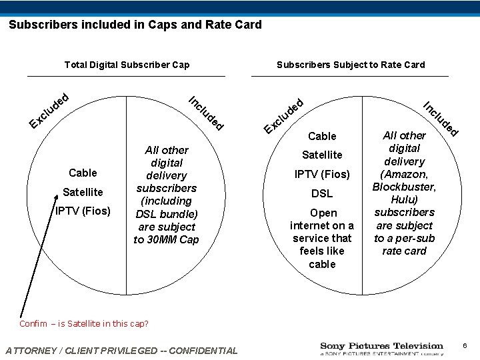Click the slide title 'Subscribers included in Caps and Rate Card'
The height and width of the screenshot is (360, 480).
[135, 25]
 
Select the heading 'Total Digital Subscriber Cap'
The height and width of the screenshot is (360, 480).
[127, 65]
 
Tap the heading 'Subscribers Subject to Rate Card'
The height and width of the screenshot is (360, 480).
[351, 65]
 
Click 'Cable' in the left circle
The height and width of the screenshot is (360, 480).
[83, 173]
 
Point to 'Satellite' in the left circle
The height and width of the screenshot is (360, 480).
[83, 193]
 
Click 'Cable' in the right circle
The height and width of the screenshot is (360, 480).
[322, 136]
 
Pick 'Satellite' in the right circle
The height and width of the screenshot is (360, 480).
[322, 155]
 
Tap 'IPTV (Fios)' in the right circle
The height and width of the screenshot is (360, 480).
[322, 174]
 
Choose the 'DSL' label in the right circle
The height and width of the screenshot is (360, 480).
[322, 193]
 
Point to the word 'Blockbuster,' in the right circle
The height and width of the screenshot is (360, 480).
[404, 187]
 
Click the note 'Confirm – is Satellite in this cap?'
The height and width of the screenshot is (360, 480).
[83, 324]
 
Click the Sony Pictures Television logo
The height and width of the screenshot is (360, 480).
[381, 349]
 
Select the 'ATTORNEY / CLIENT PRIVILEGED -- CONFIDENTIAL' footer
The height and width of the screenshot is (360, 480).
[121, 351]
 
